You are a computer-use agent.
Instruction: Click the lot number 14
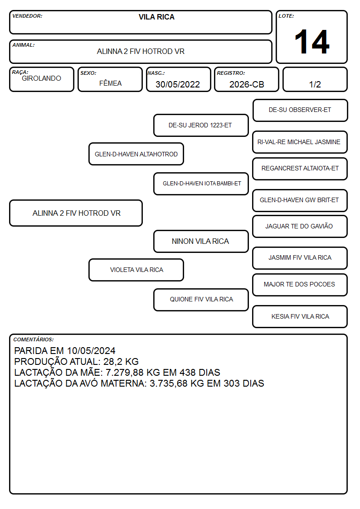312,42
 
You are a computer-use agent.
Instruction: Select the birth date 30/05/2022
178,84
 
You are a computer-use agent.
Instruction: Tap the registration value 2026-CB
247,84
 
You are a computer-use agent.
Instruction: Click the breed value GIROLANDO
41,78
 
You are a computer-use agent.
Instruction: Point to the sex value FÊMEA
110,83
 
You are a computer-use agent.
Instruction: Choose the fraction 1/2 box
315,79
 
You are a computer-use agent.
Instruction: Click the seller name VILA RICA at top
156,17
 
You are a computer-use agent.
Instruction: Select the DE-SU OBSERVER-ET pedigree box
300,111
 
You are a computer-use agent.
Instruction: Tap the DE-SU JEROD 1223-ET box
201,125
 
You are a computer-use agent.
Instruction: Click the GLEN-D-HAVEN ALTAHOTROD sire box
136,154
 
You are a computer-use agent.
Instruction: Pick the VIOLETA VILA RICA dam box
136,270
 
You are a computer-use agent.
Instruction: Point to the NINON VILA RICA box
201,241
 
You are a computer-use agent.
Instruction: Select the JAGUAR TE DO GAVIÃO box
300,226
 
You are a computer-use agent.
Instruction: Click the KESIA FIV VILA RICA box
300,316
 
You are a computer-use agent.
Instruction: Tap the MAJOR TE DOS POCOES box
300,285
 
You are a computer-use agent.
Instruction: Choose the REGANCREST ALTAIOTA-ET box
300,169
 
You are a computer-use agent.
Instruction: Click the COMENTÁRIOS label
34,339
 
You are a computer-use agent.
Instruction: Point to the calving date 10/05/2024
91,350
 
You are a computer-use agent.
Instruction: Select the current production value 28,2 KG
121,361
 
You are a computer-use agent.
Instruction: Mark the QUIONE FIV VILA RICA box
201,300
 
